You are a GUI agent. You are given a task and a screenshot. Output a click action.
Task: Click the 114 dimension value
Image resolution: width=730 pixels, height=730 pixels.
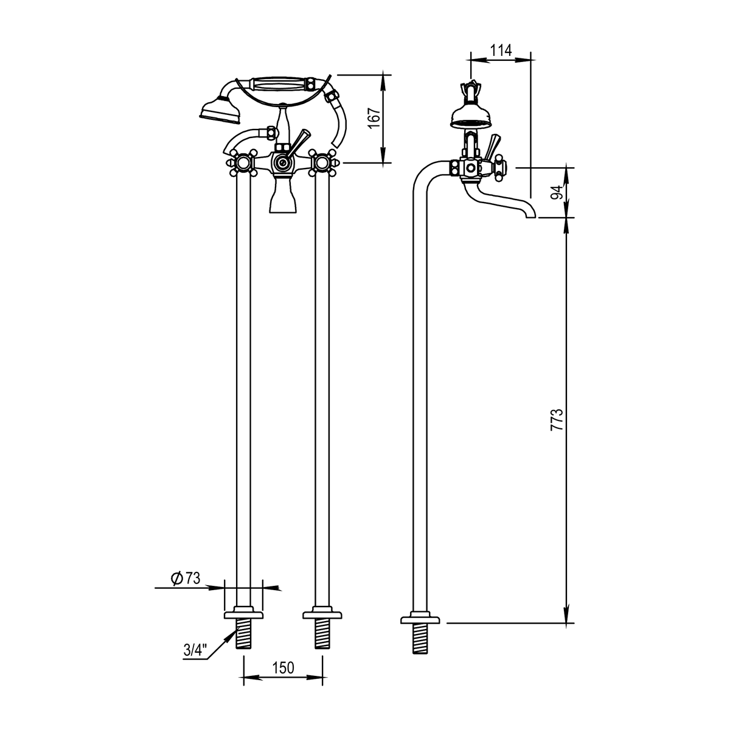(x=501, y=50)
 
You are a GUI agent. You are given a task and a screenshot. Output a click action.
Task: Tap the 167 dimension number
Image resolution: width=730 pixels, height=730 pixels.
(x=375, y=118)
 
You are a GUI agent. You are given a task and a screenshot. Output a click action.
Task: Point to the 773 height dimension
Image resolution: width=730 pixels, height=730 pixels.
(x=557, y=419)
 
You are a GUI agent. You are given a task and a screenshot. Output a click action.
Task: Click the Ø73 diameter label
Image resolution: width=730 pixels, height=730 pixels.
(x=186, y=579)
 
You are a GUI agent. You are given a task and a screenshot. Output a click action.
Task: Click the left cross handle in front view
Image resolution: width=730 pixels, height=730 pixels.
(x=242, y=163)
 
